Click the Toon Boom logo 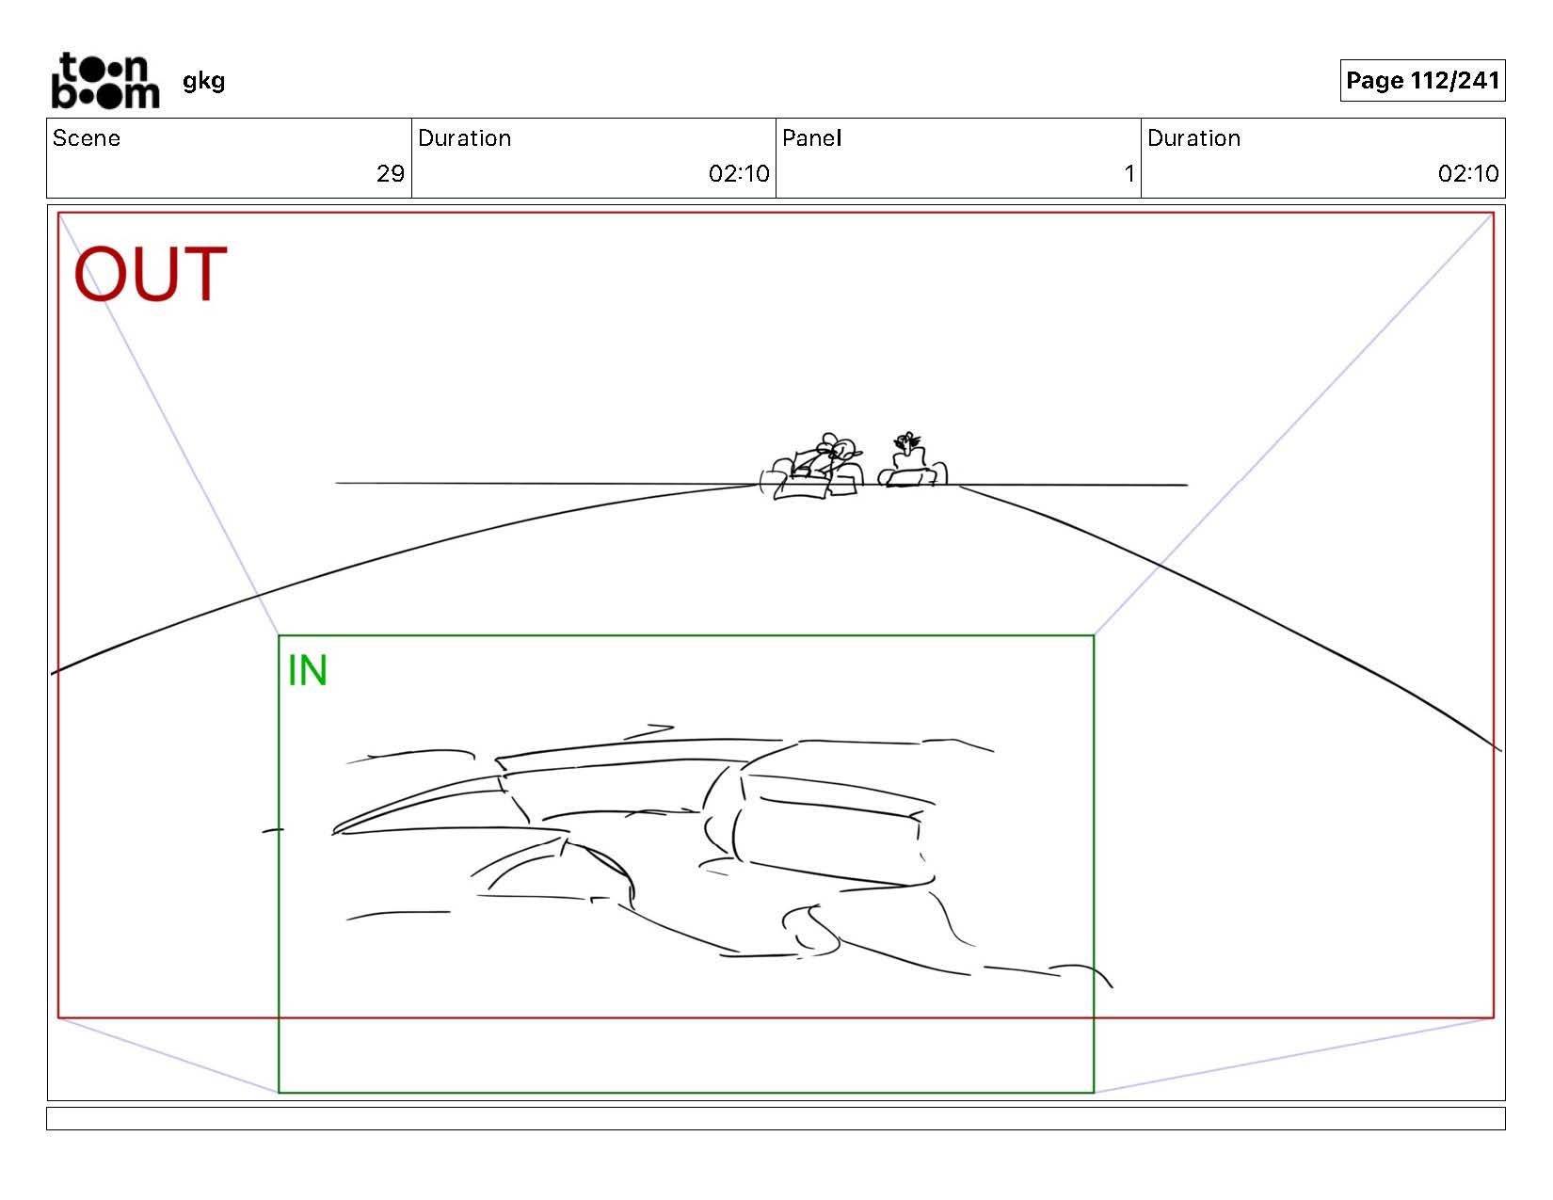pos(105,80)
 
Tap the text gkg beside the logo pos(203,82)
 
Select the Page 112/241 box pos(1422,80)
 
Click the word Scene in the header pos(87,138)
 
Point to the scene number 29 pos(391,173)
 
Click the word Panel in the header pos(812,138)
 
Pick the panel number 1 pos(1129,173)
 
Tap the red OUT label pos(151,274)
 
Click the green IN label pos(308,670)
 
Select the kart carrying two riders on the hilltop pos(812,468)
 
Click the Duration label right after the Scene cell pos(465,138)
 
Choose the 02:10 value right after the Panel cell pos(1468,173)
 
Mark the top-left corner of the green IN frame pos(279,635)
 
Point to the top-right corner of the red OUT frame pos(1494,213)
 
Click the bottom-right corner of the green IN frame pos(1094,1092)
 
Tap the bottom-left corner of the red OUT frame pos(58,1017)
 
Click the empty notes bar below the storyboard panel pos(776,1118)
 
